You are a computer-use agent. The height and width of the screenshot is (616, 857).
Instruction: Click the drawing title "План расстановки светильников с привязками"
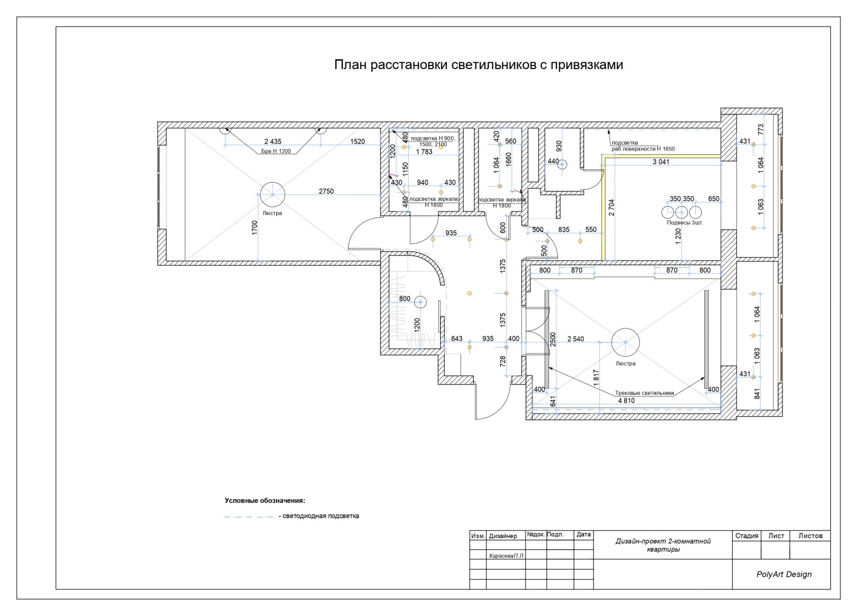[x=479, y=65]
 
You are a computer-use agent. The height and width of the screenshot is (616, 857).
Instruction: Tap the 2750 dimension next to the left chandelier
[x=326, y=191]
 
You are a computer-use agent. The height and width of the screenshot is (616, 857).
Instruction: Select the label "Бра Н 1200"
[x=276, y=151]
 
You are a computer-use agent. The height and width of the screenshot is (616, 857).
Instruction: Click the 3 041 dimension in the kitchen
[x=661, y=162]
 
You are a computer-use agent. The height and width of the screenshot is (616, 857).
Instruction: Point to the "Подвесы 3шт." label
[x=685, y=222]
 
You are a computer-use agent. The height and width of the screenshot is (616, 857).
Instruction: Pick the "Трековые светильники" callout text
[x=645, y=393]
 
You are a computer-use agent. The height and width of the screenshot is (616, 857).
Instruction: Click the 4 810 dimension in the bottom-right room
[x=626, y=401]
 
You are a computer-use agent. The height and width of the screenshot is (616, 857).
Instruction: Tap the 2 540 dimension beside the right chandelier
[x=576, y=339]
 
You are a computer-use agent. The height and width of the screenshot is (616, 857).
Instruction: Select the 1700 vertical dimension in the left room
[x=254, y=228]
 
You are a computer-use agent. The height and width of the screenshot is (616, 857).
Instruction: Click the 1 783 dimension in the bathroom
[x=424, y=152]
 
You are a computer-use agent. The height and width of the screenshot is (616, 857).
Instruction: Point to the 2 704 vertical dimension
[x=611, y=207]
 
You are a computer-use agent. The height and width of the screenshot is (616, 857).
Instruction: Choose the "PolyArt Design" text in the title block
[x=784, y=574]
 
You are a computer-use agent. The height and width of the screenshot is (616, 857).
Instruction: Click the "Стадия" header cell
[x=747, y=536]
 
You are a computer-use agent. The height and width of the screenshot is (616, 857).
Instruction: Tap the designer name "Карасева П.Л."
[x=507, y=555]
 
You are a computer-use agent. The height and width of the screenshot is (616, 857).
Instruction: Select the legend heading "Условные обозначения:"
[x=265, y=500]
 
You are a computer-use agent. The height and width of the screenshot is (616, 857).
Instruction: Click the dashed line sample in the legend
[x=249, y=517]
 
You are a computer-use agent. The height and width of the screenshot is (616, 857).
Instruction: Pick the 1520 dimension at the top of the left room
[x=357, y=141]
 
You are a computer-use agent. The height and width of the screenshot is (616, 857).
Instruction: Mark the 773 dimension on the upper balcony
[x=761, y=129]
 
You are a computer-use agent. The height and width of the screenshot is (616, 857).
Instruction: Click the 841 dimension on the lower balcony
[x=757, y=394]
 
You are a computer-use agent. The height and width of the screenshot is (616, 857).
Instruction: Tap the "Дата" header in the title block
[x=583, y=534]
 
